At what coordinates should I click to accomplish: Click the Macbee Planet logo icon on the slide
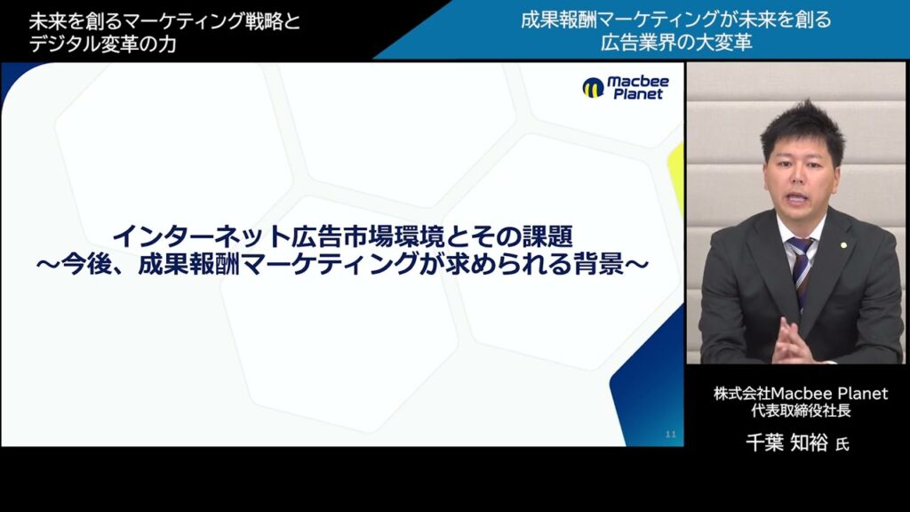593,87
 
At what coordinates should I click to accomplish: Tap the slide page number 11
671,434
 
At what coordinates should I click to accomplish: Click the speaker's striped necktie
800,266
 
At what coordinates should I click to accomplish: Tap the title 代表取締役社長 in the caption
800,412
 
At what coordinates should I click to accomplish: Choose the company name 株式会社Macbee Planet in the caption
800,393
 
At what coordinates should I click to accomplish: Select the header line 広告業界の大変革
675,43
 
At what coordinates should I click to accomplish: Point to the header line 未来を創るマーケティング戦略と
164,20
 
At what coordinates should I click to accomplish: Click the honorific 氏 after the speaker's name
842,444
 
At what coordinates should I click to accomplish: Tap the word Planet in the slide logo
637,94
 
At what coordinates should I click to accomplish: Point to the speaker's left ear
841,175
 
